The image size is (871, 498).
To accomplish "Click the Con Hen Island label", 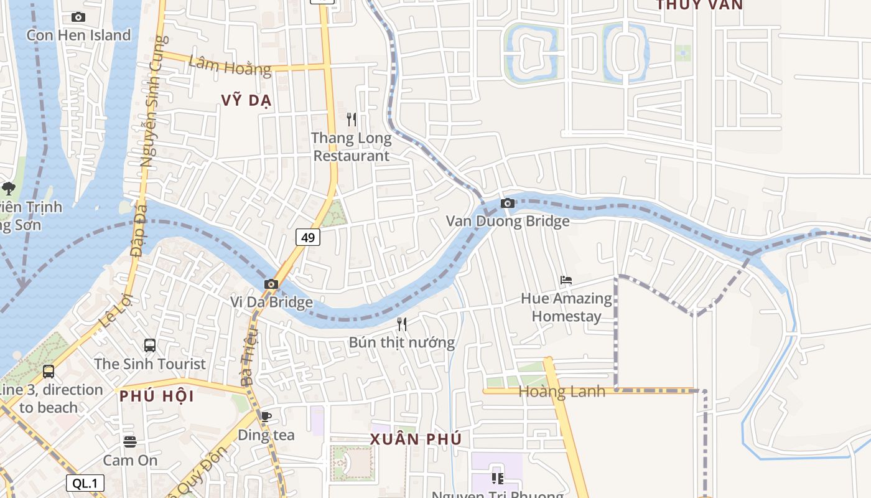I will point(78,35).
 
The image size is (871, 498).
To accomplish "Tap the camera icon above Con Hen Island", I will point(78,17).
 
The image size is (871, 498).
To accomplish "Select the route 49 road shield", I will point(308,237).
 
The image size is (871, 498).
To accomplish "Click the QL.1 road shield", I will point(85,483).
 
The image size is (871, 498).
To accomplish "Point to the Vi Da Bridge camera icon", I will point(271,284).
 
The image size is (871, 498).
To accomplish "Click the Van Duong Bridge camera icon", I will point(508,203).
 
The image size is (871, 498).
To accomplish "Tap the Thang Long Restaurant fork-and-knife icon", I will point(352,119).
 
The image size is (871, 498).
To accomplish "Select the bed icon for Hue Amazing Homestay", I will point(566,280).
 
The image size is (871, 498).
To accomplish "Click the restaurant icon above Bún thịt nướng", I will point(402,324).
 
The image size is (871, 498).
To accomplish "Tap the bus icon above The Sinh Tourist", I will point(150,345).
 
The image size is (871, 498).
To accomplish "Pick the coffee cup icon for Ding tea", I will point(266,416).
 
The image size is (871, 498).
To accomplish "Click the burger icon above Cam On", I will point(130,441).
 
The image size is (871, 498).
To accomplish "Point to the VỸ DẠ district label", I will point(247,101).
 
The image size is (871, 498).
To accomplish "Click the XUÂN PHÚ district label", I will point(416,439).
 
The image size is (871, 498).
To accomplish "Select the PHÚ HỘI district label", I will point(157,396).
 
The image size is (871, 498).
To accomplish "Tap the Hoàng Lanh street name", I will point(562,392).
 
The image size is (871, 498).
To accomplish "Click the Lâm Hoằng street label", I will point(230,65).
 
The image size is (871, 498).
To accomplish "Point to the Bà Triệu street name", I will point(248,354).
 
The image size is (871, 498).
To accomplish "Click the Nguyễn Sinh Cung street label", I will point(152,103).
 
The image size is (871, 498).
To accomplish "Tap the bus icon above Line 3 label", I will point(49,372).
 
